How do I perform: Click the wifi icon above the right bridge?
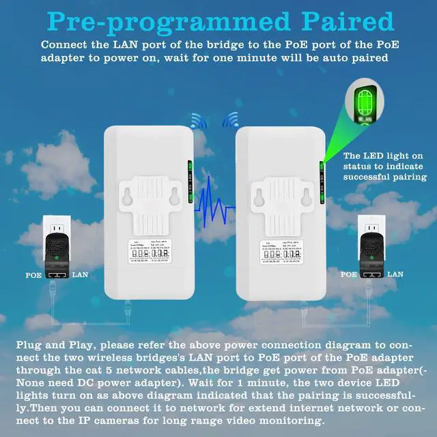tap(230, 122)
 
